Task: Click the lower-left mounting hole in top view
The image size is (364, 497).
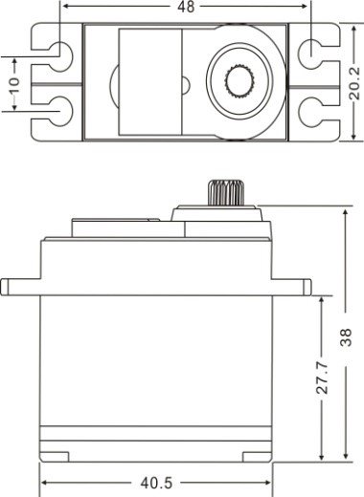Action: (60, 113)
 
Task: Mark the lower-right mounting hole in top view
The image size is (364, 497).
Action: (313, 113)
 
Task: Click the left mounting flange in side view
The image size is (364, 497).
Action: (20, 286)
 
